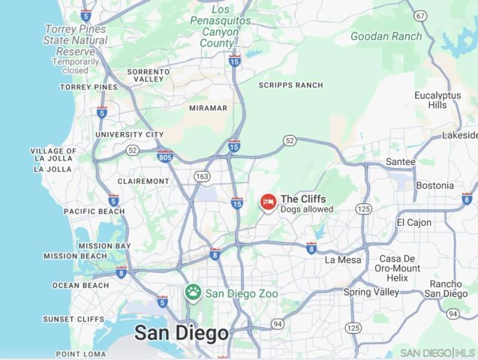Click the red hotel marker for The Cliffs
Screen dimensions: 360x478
pyautogui.click(x=268, y=202)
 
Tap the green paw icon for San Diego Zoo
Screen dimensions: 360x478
pyautogui.click(x=194, y=292)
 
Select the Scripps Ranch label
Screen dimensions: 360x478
pyautogui.click(x=290, y=85)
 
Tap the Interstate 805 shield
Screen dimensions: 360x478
pyautogui.click(x=165, y=156)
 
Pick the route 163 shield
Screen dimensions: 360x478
pyautogui.click(x=201, y=176)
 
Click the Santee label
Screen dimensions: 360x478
pyautogui.click(x=400, y=161)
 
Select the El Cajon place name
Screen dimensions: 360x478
pyautogui.click(x=414, y=223)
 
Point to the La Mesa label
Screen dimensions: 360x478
pyautogui.click(x=343, y=260)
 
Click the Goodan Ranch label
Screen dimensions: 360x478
pyautogui.click(x=386, y=35)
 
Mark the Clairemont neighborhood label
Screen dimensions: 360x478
pyautogui.click(x=143, y=181)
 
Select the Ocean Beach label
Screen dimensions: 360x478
pyautogui.click(x=80, y=285)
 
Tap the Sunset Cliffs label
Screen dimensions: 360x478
pyautogui.click(x=74, y=319)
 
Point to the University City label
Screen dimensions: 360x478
pyautogui.click(x=129, y=134)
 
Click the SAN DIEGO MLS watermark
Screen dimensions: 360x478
pyautogui.click(x=437, y=352)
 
